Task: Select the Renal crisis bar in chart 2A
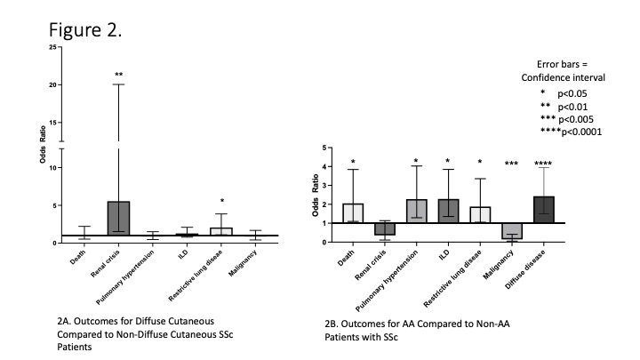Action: coord(118,219)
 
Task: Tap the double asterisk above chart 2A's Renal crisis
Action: coord(118,75)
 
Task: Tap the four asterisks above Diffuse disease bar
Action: coord(544,164)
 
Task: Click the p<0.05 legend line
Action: coord(566,93)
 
